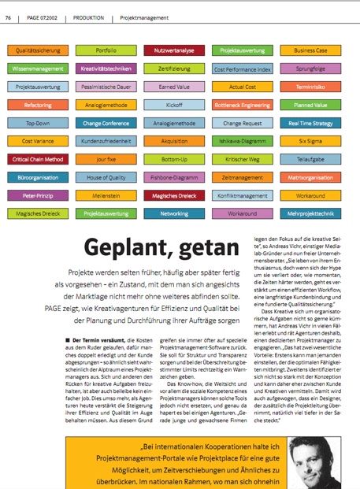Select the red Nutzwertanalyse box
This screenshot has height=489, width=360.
pos(174,50)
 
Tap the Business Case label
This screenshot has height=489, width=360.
pos(310,50)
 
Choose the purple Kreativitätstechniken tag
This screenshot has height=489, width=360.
pos(106,69)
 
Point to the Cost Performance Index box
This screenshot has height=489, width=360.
pos(242,69)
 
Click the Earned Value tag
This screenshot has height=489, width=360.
pos(174,87)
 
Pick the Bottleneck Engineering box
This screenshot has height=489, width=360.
pos(242,105)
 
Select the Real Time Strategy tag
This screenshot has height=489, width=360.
pos(310,123)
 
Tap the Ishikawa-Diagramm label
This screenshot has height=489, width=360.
pos(242,141)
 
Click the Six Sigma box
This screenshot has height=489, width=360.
pos(310,141)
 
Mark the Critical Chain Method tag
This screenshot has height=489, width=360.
pos(38,159)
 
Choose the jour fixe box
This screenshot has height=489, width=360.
pos(106,159)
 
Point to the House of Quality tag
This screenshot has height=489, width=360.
pos(106,177)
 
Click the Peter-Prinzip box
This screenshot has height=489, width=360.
pos(38,195)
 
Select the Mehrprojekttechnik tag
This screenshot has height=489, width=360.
pos(310,213)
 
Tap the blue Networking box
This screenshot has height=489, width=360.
pos(174,213)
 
